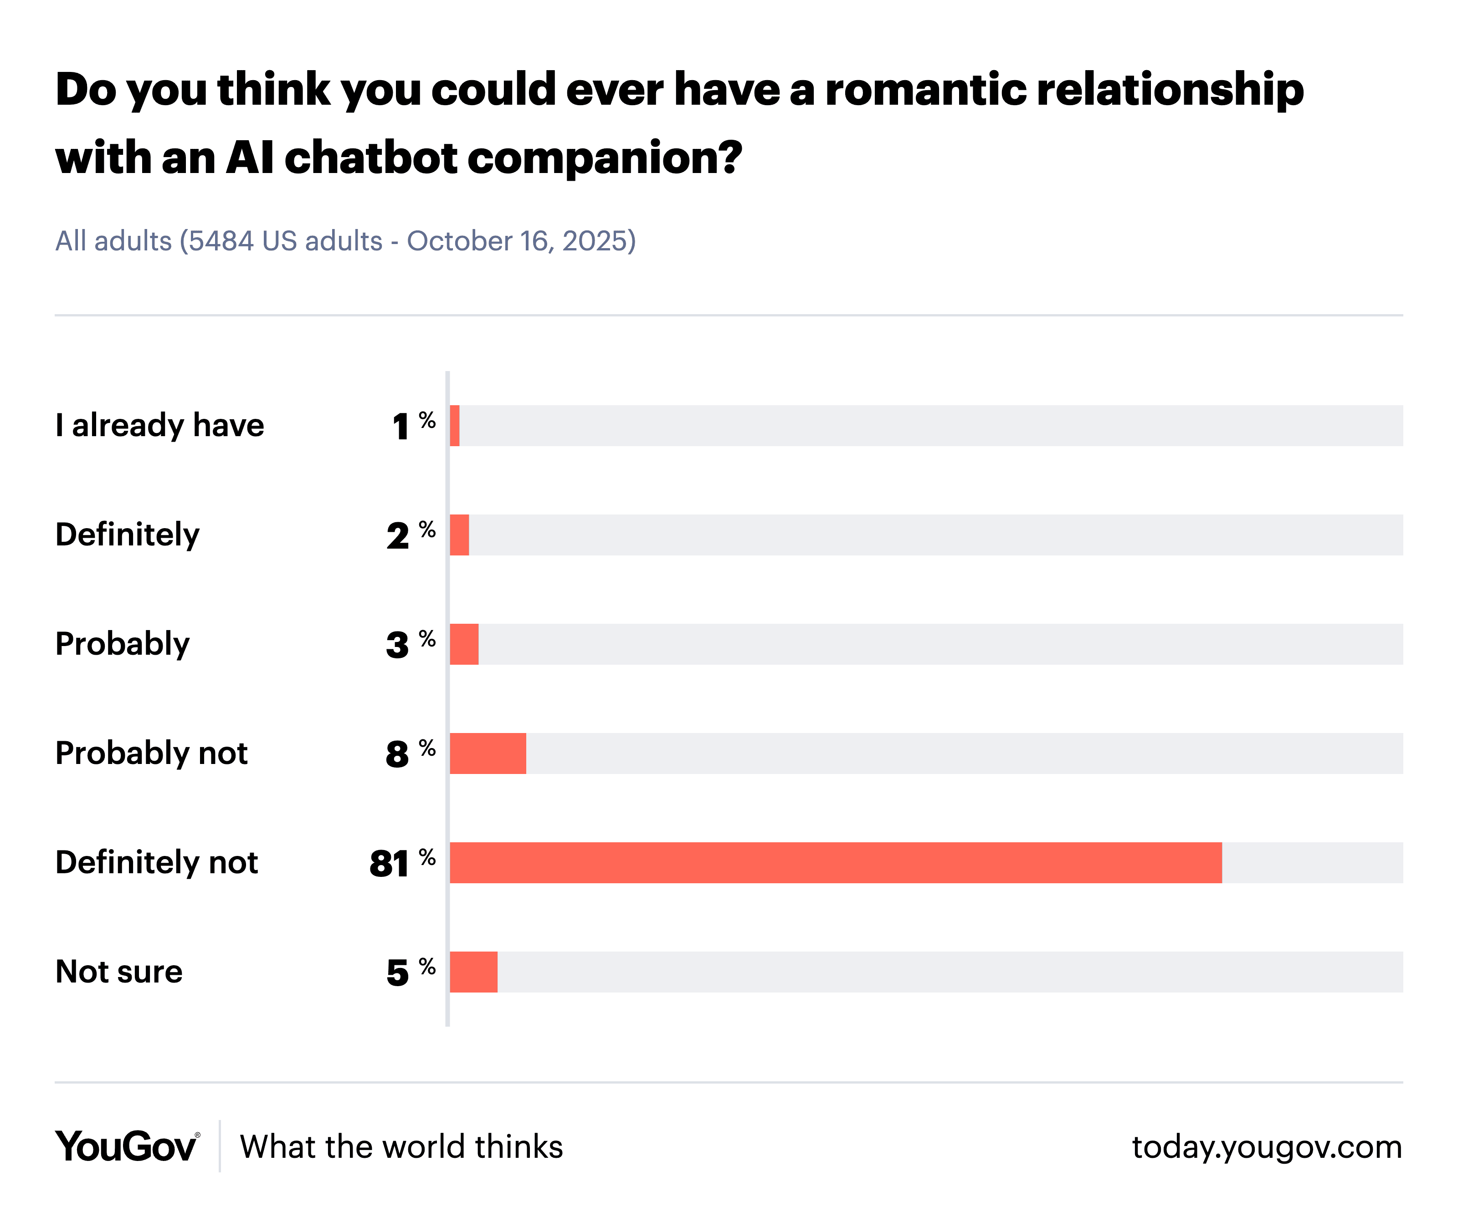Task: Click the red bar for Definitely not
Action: pos(835,862)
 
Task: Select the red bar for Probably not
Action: pos(488,754)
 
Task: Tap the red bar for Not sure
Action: pos(474,972)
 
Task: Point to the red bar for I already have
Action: pos(454,426)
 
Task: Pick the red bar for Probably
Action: pos(464,644)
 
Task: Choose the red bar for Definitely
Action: pos(459,535)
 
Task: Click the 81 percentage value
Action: pos(389,864)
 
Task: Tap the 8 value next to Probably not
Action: pos(397,755)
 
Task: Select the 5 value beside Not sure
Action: pos(397,973)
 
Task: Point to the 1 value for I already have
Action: pos(400,427)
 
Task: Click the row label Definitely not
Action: pos(157,862)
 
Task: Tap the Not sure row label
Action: pos(119,972)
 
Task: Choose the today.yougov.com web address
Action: pos(1267,1147)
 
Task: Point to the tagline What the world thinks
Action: pos(401,1147)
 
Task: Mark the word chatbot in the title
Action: pos(370,158)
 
